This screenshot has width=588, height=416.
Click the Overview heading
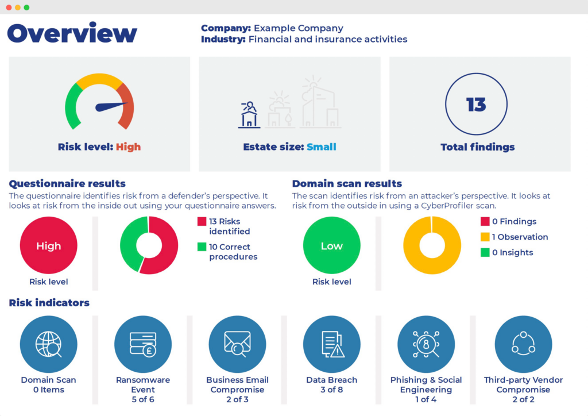click(x=72, y=33)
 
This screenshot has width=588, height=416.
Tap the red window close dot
click(x=9, y=7)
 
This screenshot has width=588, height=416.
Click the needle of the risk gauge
click(x=111, y=106)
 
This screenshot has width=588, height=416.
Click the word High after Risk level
click(x=128, y=147)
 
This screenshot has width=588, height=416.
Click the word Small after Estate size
click(x=321, y=147)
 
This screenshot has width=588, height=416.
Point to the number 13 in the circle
click(x=476, y=105)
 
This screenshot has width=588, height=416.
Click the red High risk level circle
click(x=48, y=246)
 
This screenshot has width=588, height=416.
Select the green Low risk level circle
click(x=331, y=246)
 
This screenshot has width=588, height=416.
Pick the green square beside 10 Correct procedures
click(x=202, y=247)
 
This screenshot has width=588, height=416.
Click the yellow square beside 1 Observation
click(x=485, y=237)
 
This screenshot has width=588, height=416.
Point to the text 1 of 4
click(x=425, y=399)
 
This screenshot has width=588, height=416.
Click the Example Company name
click(x=299, y=28)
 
